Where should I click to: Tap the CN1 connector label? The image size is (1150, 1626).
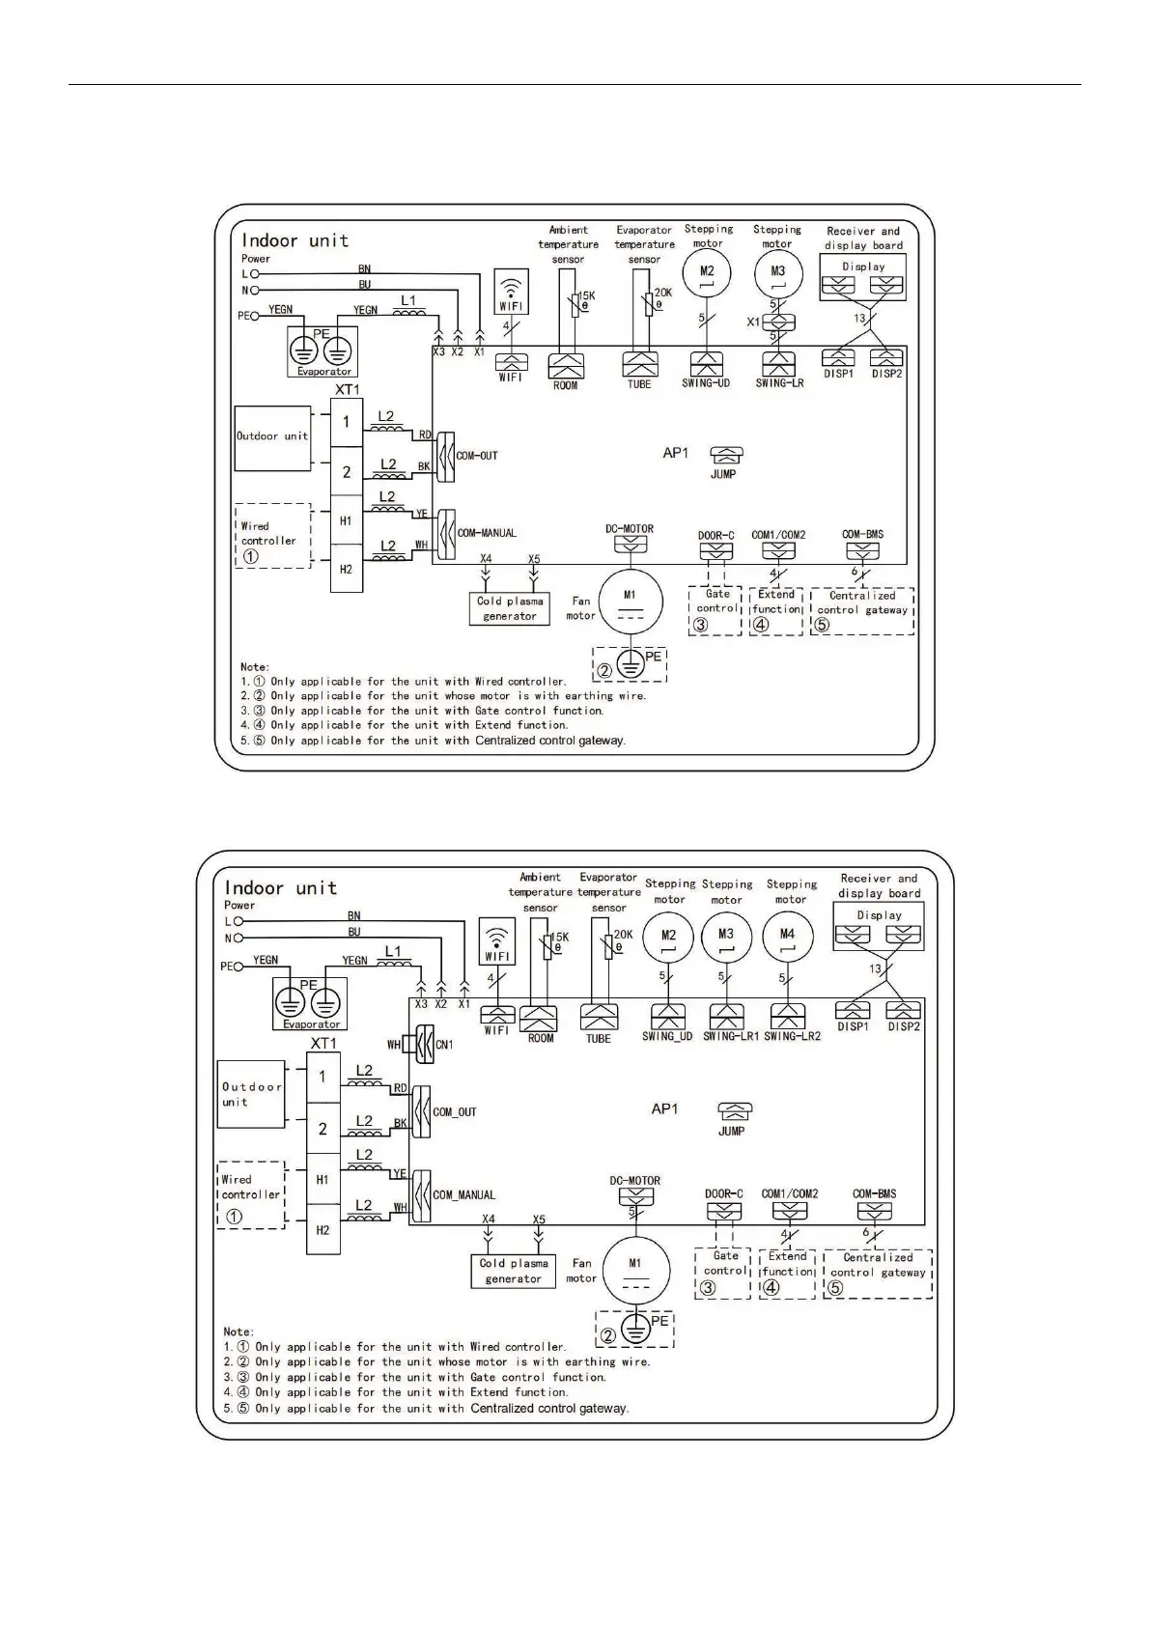444,1044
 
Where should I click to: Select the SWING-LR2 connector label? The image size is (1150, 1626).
792,1036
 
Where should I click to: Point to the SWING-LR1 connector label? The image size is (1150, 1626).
731,1036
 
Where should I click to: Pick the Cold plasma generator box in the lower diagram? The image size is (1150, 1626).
514,1271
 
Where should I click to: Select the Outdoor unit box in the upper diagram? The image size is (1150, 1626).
272,437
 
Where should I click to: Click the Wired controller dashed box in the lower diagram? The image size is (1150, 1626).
251,1194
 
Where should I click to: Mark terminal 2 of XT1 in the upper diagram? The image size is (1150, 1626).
347,472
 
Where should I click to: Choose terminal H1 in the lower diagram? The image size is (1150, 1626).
323,1179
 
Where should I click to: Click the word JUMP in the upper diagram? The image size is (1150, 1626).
723,474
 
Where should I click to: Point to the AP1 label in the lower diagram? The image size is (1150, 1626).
664,1108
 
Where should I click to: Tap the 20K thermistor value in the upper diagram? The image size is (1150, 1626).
662,292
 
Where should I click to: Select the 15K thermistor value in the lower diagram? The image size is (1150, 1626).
559,937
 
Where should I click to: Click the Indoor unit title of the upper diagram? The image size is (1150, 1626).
295,240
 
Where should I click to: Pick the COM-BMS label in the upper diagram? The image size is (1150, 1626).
862,534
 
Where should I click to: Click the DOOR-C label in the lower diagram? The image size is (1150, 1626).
724,1193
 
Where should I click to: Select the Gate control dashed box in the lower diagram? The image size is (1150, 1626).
723,1273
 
